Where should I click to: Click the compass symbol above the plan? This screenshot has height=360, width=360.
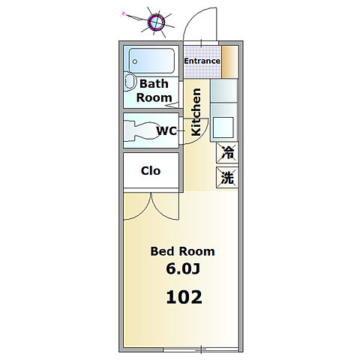157,22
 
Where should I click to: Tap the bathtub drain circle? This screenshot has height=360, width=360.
135,61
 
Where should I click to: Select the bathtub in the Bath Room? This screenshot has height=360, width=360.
151,61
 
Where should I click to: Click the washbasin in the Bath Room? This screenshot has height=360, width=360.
130,81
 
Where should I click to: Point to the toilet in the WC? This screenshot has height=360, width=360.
142,130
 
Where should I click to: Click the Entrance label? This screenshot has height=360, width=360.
202,61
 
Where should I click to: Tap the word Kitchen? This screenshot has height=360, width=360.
196,112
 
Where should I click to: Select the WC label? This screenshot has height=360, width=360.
166,130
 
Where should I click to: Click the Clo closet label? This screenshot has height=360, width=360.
151,171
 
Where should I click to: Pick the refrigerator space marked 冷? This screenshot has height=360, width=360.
227,152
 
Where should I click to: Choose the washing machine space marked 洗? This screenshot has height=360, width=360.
227,177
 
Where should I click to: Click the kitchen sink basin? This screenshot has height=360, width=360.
223,127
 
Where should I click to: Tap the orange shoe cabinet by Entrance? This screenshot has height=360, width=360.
229,61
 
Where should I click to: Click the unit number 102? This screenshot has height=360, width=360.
184,297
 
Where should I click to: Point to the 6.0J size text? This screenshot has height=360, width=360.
183,268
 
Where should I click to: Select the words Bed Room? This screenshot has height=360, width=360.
182,251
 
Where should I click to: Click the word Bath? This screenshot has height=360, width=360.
154,84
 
